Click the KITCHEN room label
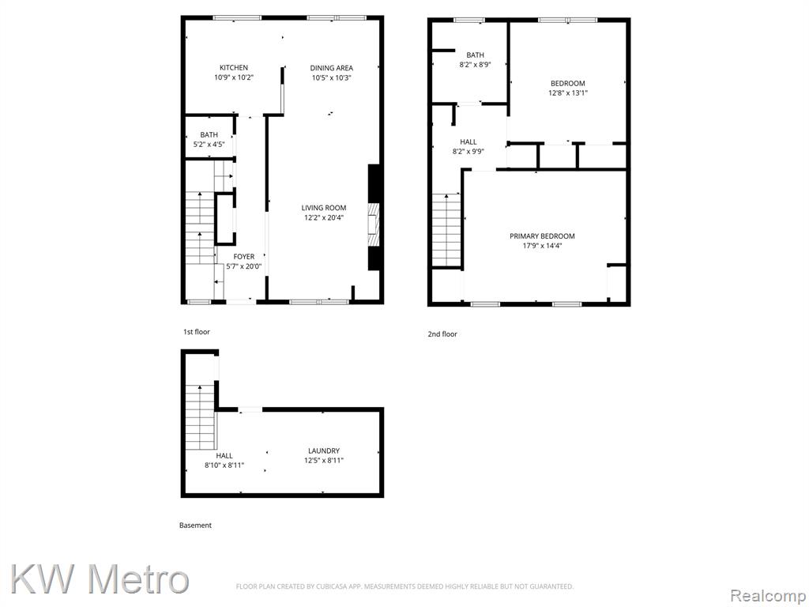click(234, 68)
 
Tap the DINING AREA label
click(331, 68)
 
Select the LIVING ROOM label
click(323, 208)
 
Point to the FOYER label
click(244, 257)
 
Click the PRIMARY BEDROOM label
click(542, 236)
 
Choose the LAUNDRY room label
click(324, 451)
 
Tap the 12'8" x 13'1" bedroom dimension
click(567, 93)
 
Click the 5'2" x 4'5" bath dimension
click(209, 145)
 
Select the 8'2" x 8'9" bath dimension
click(475, 65)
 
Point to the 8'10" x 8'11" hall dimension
click(224, 465)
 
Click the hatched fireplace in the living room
click(374, 225)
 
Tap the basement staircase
click(200, 417)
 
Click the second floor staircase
click(446, 230)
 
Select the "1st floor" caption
click(197, 331)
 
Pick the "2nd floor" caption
click(442, 334)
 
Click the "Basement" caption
click(195, 525)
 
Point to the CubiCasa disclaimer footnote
click(404, 586)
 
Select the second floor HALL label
click(468, 142)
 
